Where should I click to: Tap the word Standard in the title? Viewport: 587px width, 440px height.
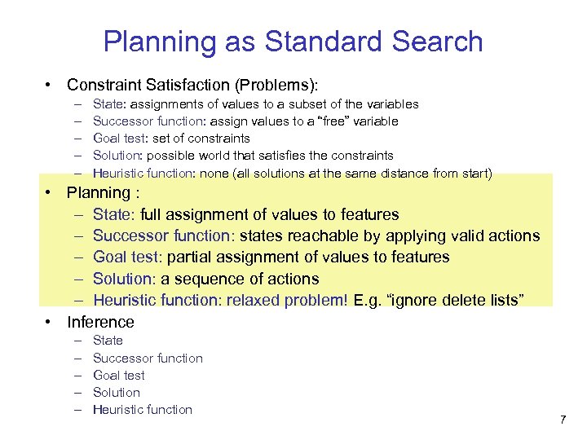pyautogui.click(x=326, y=41)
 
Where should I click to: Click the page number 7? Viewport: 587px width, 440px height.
pyautogui.click(x=563, y=420)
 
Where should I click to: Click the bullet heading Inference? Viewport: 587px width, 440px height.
pyautogui.click(x=100, y=322)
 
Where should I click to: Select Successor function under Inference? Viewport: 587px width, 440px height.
pyautogui.click(x=148, y=358)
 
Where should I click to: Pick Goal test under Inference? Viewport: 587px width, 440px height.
pyautogui.click(x=119, y=375)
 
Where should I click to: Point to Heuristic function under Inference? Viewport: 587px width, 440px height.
pyautogui.click(x=143, y=409)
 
